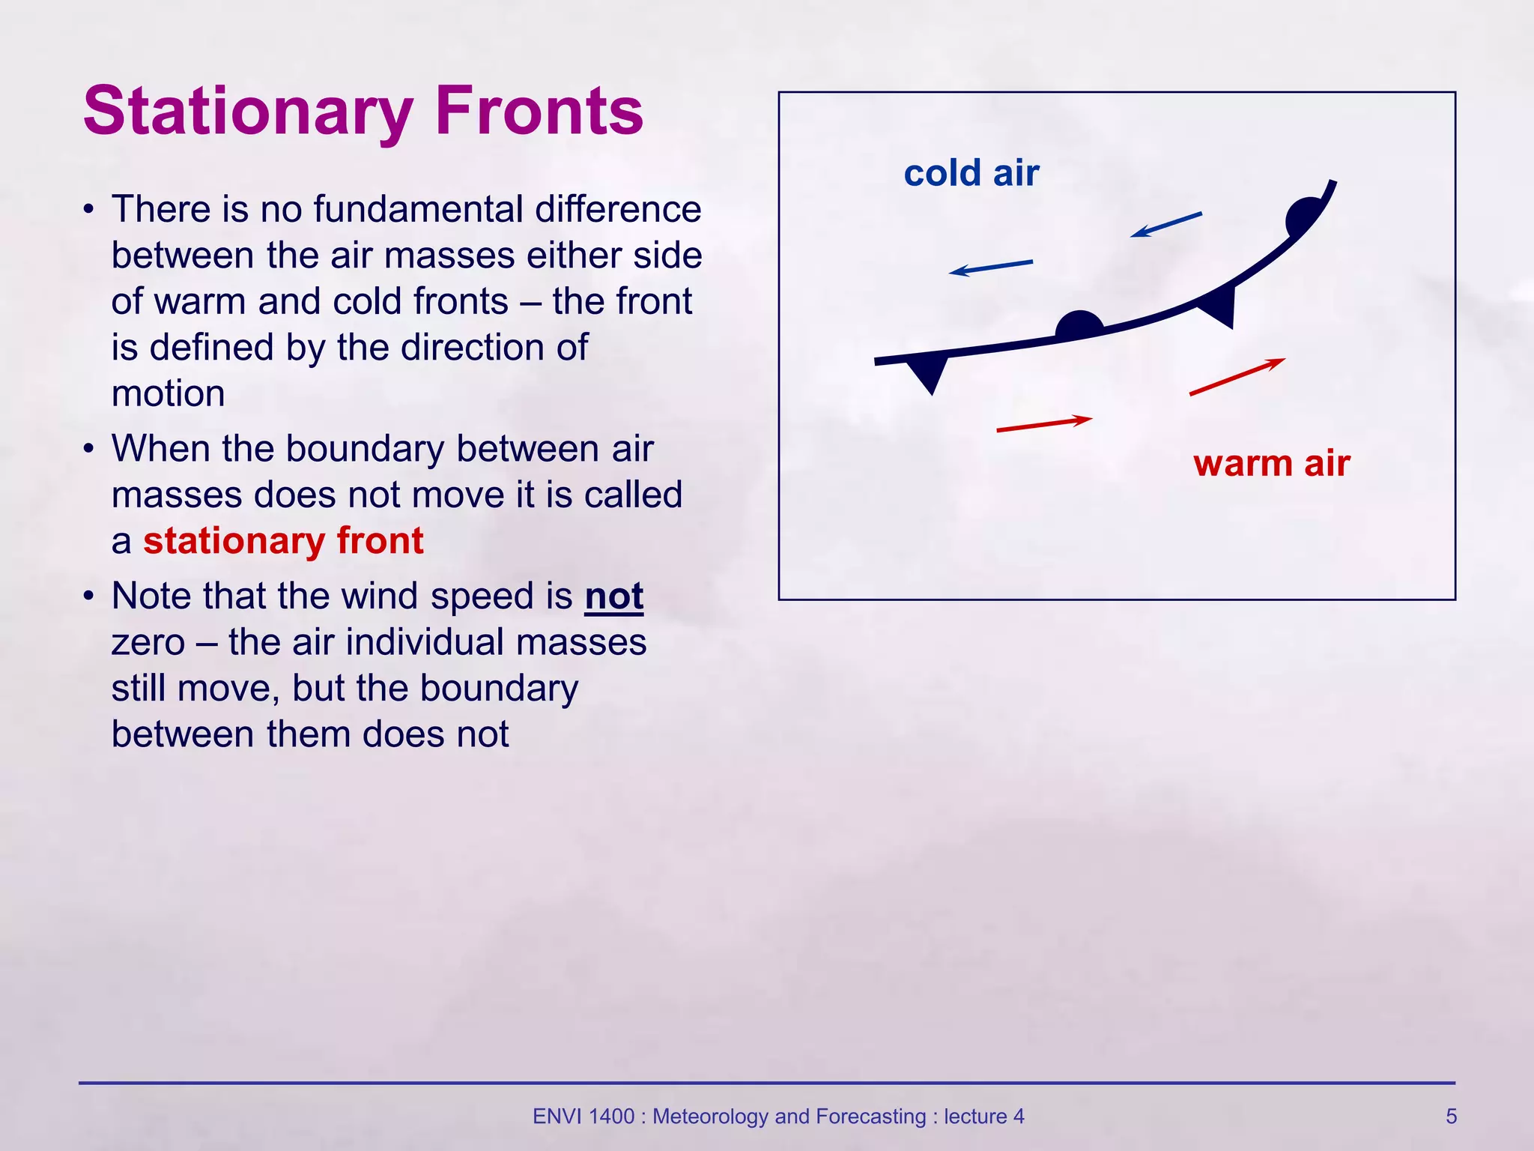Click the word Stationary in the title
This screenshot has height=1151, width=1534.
247,112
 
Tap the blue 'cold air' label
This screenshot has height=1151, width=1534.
971,173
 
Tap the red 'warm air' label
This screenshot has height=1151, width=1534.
1271,463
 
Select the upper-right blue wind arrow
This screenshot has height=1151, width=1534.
1165,225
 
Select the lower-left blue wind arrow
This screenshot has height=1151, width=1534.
990,267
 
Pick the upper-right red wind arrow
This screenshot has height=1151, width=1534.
1237,377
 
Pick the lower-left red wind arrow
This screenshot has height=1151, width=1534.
1044,424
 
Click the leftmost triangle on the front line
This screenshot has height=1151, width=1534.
927,372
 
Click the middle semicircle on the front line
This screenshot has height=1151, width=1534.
1079,326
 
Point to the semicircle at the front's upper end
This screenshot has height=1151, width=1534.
1303,217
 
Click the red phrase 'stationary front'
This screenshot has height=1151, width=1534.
283,541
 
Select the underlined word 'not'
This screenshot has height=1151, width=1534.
613,597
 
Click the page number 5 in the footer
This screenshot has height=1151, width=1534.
1451,1117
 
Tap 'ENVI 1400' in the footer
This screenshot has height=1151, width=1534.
583,1117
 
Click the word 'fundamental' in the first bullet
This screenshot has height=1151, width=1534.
418,209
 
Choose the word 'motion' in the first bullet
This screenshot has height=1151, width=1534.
168,394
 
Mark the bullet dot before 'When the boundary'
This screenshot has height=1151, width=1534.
89,450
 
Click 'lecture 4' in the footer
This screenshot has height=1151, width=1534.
983,1117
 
